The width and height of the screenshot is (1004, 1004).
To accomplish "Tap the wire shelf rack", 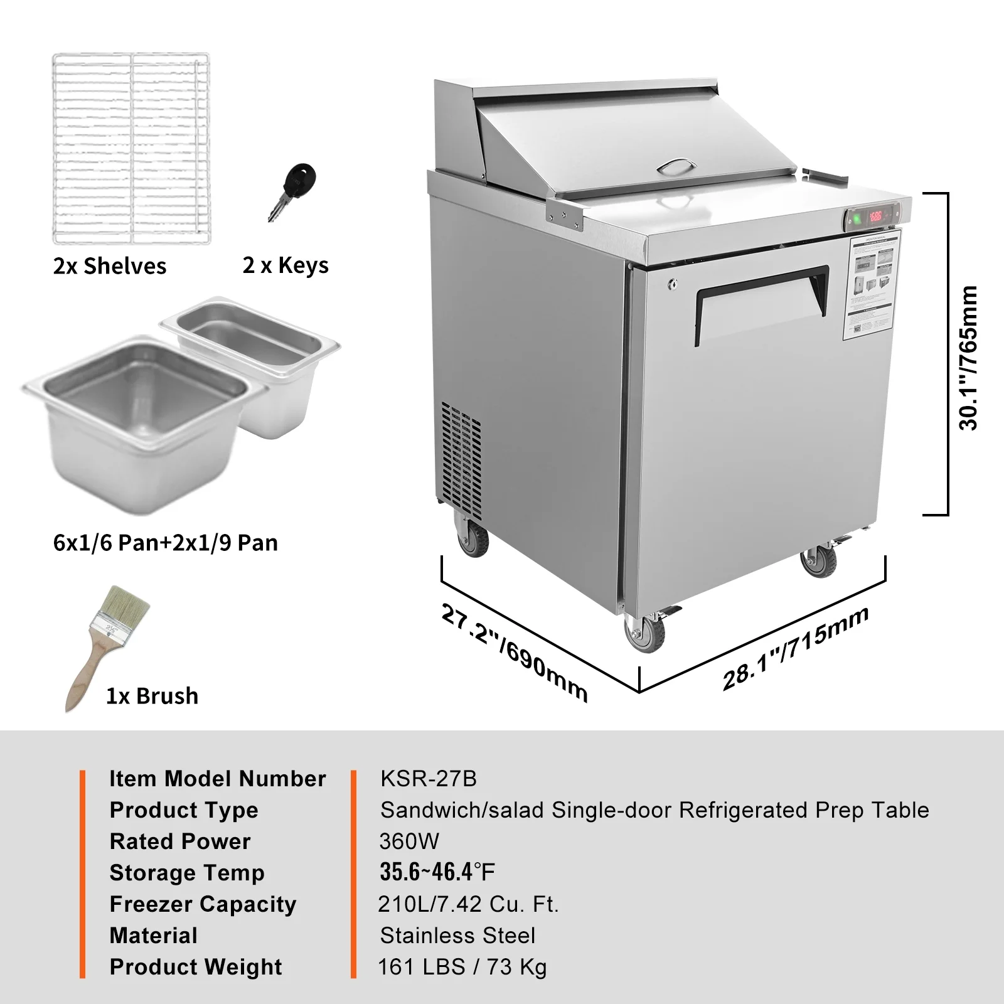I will (131, 149).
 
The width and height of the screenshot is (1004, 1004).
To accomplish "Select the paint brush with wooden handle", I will (107, 646).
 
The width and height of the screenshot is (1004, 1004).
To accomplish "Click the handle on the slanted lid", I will (676, 166).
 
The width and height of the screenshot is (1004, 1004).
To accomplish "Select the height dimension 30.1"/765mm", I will (968, 358).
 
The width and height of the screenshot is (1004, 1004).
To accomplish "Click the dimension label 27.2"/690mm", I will (515, 653).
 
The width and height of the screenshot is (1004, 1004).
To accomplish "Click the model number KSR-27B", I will (429, 779).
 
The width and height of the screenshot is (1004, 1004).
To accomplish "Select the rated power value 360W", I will (409, 841).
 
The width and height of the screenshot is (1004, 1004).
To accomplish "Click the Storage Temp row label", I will (187, 872).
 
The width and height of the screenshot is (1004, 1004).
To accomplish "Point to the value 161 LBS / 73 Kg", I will (462, 966).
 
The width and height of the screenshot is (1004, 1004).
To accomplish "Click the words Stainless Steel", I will (457, 935).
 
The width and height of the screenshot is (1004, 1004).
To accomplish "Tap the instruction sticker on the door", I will (872, 286).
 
